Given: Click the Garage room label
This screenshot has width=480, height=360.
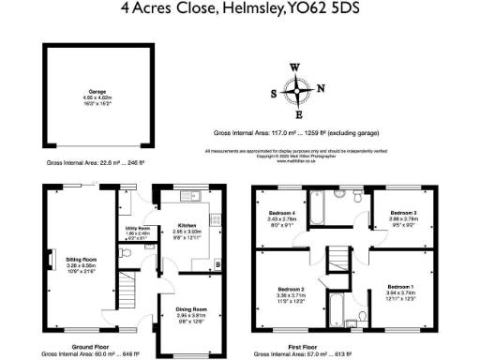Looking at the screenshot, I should coord(91,93).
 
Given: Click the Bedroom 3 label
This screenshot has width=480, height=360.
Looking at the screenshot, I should coord(404,215).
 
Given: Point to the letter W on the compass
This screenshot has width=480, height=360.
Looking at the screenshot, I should coord(295,67).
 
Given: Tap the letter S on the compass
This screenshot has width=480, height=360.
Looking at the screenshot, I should coord(274,95).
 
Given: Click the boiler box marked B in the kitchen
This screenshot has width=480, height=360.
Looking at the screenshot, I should coord(218,265).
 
